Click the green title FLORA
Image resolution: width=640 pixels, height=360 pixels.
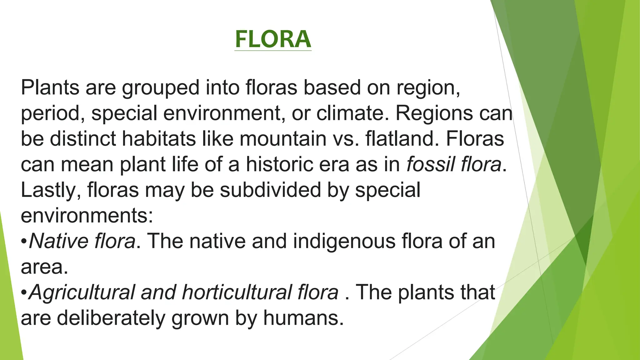[x=273, y=39]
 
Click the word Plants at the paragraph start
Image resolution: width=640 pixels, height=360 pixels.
[x=50, y=87]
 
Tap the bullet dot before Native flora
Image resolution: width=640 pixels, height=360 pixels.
[x=24, y=242]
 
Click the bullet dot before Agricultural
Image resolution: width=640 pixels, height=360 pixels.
[x=24, y=293]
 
